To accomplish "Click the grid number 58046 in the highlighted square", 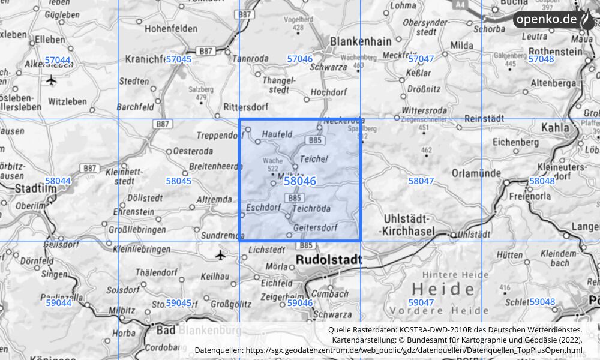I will pyautogui.click(x=299, y=181).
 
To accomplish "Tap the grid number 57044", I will pyautogui.click(x=58, y=60).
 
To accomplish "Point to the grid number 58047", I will pyautogui.click(x=421, y=181).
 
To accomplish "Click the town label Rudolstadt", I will pyautogui.click(x=329, y=260).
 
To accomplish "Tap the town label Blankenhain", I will pyautogui.click(x=361, y=42).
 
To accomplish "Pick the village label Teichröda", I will pyautogui.click(x=311, y=209).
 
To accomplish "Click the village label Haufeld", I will pyautogui.click(x=277, y=135).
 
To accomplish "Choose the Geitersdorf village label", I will pyautogui.click(x=316, y=228).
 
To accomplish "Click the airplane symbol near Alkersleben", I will pyautogui.click(x=51, y=80).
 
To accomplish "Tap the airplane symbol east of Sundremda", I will pyautogui.click(x=220, y=255).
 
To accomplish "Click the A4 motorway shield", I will pyautogui.click(x=460, y=4).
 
